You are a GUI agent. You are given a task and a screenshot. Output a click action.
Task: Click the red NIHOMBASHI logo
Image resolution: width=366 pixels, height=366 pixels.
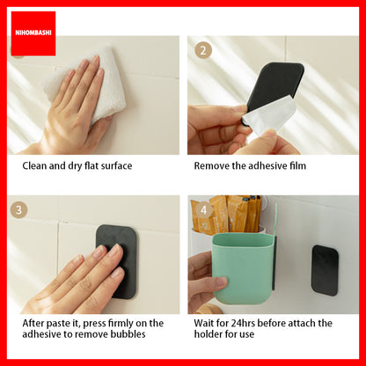pyautogui.click(x=33, y=33)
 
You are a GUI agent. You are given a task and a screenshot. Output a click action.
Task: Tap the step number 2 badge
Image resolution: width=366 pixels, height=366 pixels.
pyautogui.click(x=203, y=50)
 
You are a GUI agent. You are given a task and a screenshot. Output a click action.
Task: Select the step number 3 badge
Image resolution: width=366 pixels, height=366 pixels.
pyautogui.click(x=18, y=209)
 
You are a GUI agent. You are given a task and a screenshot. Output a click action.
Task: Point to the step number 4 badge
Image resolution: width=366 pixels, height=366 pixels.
pyautogui.click(x=203, y=210)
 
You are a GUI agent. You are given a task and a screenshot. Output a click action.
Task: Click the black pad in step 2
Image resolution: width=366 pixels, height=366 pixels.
pyautogui.click(x=274, y=86)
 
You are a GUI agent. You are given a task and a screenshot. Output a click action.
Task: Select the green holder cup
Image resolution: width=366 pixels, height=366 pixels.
pyautogui.click(x=244, y=267)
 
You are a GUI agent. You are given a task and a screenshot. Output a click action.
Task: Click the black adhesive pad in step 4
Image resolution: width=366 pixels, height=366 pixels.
pyautogui.click(x=325, y=270)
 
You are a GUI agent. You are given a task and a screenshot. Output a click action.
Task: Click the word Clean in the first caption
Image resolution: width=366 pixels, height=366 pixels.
pyautogui.click(x=35, y=165)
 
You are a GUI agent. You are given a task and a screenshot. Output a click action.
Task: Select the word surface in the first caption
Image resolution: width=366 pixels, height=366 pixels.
pyautogui.click(x=116, y=166)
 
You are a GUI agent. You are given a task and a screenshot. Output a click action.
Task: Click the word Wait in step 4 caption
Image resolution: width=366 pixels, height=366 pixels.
pyautogui.click(x=202, y=323)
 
